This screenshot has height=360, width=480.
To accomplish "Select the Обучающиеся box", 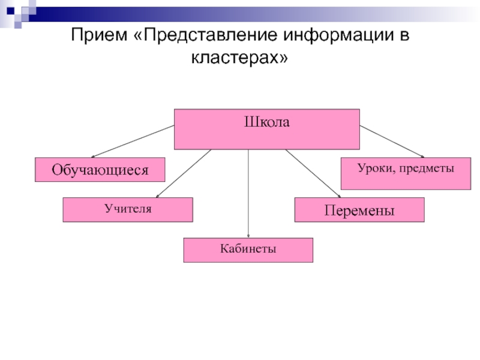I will [100, 170].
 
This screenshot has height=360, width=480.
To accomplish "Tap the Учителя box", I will [128, 210].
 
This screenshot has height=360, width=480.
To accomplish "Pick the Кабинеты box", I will [248, 250].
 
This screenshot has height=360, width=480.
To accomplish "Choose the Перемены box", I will [359, 211].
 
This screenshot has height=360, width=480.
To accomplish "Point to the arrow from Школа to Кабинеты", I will [248, 192].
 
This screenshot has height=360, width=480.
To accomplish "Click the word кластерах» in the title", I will [240, 58].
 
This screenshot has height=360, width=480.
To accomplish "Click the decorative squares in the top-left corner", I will [18, 12].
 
